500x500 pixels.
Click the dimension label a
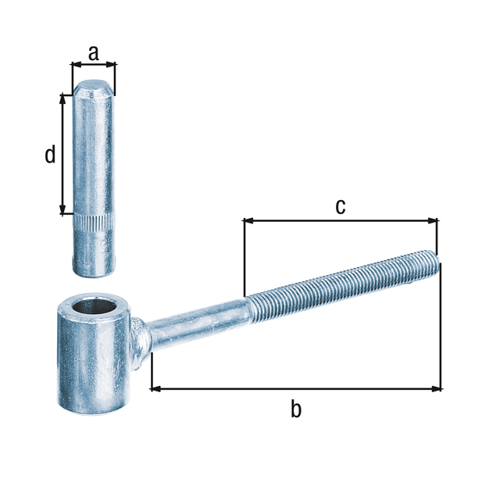click(x=93, y=52)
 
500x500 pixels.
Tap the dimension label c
click(x=340, y=206)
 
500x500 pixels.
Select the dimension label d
click(x=50, y=155)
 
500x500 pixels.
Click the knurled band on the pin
click(x=93, y=223)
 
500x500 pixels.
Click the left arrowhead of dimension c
click(x=248, y=221)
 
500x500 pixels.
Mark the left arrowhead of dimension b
click(x=155, y=387)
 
